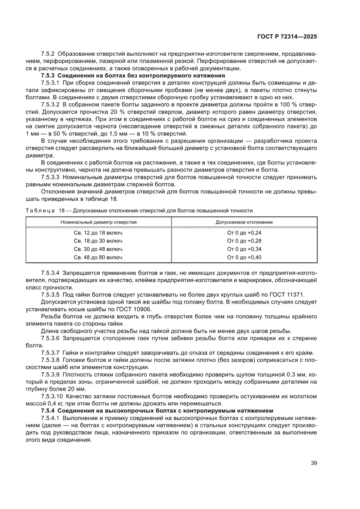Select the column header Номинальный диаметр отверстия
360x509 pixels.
click(x=99, y=222)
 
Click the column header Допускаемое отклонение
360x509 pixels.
click(x=244, y=222)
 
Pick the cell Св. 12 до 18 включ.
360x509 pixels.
click(x=99, y=233)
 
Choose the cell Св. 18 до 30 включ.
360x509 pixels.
click(x=99, y=241)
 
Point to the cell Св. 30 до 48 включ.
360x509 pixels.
click(x=99, y=249)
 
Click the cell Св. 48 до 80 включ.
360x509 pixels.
click(x=99, y=257)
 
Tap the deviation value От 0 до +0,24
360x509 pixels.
click(x=244, y=233)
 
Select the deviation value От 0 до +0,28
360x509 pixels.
click(x=244, y=241)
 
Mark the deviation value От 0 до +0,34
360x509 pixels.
click(x=244, y=249)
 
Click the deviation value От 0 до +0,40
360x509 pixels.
click(x=244, y=257)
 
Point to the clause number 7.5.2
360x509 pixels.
click(x=48, y=54)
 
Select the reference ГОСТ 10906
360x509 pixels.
click(x=132, y=309)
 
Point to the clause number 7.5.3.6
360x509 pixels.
click(x=50, y=337)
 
